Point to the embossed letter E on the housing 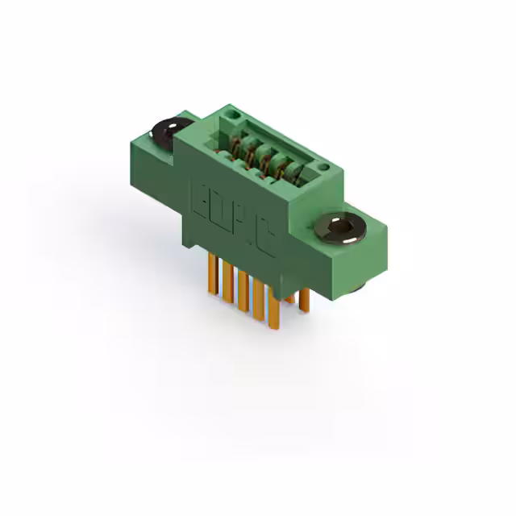[x=200, y=198]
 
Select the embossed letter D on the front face [x=220, y=211]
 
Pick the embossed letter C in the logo [x=264, y=239]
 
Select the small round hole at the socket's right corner [x=322, y=167]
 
